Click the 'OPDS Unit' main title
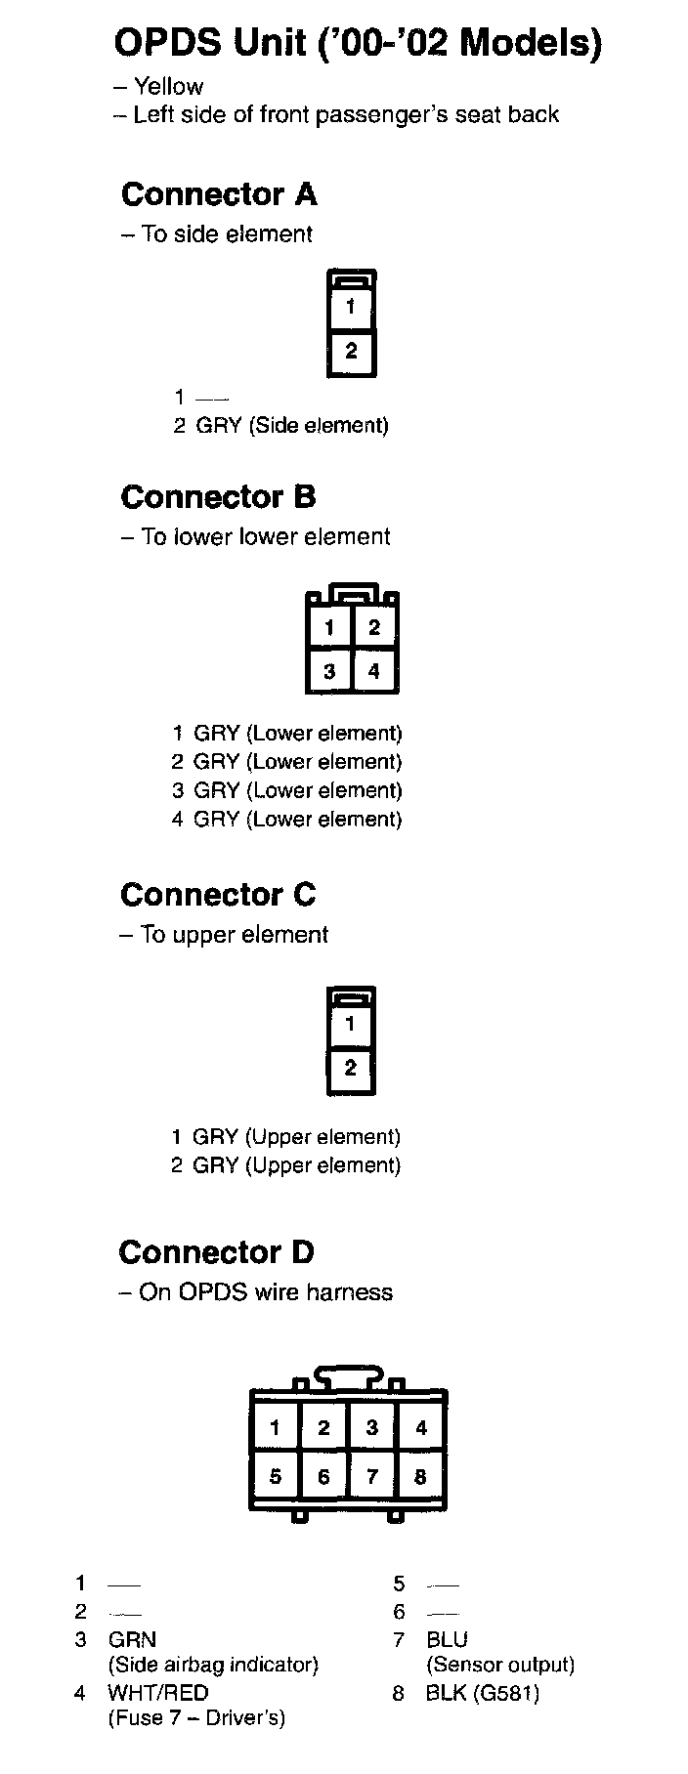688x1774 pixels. point(358,44)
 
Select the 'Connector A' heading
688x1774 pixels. point(219,194)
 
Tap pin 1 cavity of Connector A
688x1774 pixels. point(351,307)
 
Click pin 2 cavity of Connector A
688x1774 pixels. point(351,352)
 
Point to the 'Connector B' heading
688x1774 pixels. point(218,497)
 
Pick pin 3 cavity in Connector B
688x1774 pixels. point(330,671)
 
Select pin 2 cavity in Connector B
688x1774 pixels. point(374,627)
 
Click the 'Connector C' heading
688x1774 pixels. point(218,895)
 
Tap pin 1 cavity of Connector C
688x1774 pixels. point(350,1025)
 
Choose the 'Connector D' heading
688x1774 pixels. point(216,1252)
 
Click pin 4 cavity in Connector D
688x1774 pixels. point(421,1428)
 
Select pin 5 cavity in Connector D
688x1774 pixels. point(276,1476)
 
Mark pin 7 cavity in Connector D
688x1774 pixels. point(372,1476)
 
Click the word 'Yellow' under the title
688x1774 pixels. point(168,87)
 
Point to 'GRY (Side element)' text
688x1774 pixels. point(292,426)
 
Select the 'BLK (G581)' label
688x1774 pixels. point(482,1692)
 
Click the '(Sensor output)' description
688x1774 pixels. point(499,1665)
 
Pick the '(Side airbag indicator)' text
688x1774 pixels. point(213,1665)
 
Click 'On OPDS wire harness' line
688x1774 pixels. point(265,1292)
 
